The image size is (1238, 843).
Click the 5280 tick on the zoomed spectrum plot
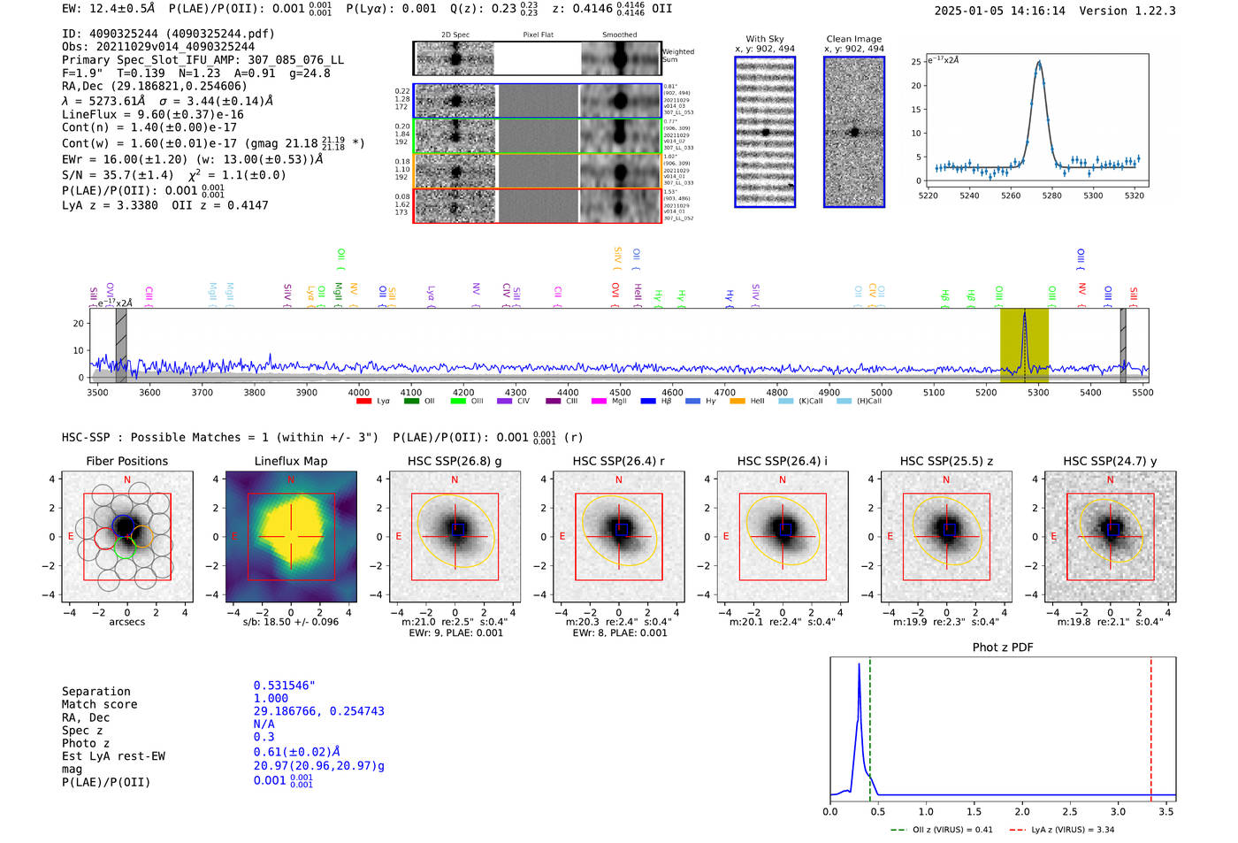1051,195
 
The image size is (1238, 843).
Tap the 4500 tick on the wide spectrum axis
620,392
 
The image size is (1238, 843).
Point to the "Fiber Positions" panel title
126,461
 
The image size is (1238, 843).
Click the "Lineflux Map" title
290,461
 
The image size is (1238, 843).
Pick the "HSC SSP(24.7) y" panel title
1110,461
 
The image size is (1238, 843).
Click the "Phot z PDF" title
1003,648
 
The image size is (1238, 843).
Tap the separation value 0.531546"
284,686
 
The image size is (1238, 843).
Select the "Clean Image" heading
853,39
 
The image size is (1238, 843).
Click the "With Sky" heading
764,39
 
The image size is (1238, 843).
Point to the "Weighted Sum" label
677,56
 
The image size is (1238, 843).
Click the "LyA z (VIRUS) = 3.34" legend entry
1072,830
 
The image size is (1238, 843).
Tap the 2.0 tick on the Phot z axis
1021,811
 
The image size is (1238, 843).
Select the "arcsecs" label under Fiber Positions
126,622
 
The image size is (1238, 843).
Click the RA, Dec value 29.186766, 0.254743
318,711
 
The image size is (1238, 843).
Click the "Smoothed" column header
619,35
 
